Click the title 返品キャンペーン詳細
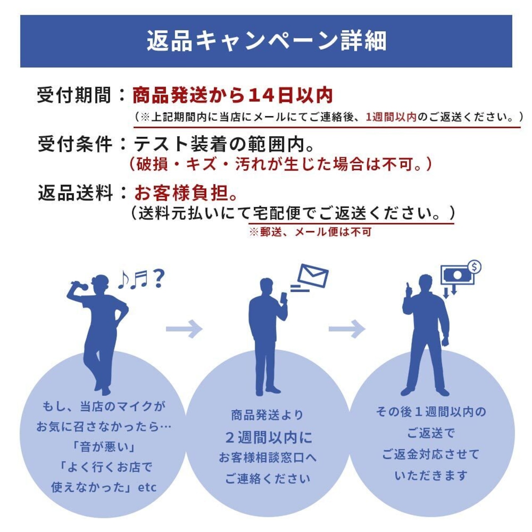(266, 41)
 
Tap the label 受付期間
(74, 96)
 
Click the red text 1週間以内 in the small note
(391, 118)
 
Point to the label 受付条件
(74, 144)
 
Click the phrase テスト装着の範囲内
(219, 144)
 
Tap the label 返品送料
(75, 193)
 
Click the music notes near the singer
(133, 279)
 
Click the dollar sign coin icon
(475, 267)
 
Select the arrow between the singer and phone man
(184, 329)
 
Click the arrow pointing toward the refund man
(347, 329)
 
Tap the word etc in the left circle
(147, 488)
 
